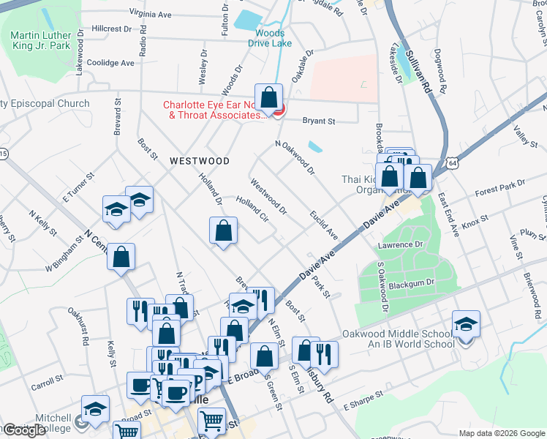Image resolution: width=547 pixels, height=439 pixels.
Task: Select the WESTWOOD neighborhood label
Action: (200, 160)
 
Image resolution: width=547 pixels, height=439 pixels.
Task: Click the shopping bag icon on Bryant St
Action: (269, 97)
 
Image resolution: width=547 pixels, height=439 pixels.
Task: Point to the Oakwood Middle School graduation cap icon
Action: (466, 324)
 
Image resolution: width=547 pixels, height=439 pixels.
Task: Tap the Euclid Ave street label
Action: (323, 225)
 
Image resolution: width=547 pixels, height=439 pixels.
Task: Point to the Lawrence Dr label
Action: (399, 244)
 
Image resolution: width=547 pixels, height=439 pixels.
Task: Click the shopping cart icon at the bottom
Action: (211, 420)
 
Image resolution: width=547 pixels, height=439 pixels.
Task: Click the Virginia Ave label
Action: (150, 13)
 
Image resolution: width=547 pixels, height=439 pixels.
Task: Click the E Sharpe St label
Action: (363, 398)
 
